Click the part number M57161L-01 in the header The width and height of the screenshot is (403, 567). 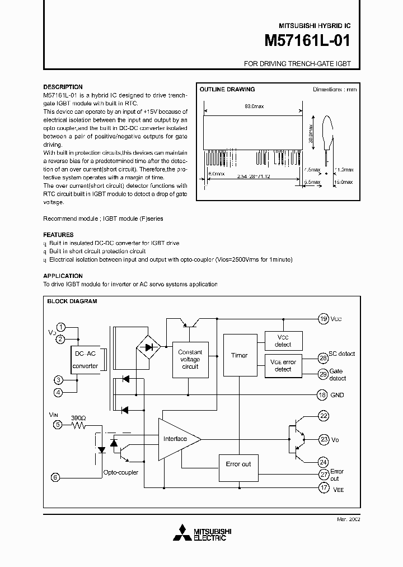coord(307,41)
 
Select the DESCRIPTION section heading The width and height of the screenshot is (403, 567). coord(63,87)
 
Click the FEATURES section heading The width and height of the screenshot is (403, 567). coord(58,235)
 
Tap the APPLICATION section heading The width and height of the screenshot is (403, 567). coord(63,276)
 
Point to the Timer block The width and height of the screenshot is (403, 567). coord(239,355)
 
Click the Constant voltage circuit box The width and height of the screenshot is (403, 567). coord(190,359)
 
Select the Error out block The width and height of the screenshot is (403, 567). coord(238,464)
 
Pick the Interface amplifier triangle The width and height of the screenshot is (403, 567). coord(177,439)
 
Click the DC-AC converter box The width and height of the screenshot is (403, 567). coord(85,360)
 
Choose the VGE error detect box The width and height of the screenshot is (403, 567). coord(283,365)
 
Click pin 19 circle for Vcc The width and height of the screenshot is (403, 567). coord(323,319)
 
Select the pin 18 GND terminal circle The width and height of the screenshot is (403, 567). coord(322,395)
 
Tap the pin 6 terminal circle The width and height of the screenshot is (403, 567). coord(55,477)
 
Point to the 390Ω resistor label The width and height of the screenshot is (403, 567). coord(79,418)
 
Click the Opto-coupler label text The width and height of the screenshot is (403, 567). coord(120,472)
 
